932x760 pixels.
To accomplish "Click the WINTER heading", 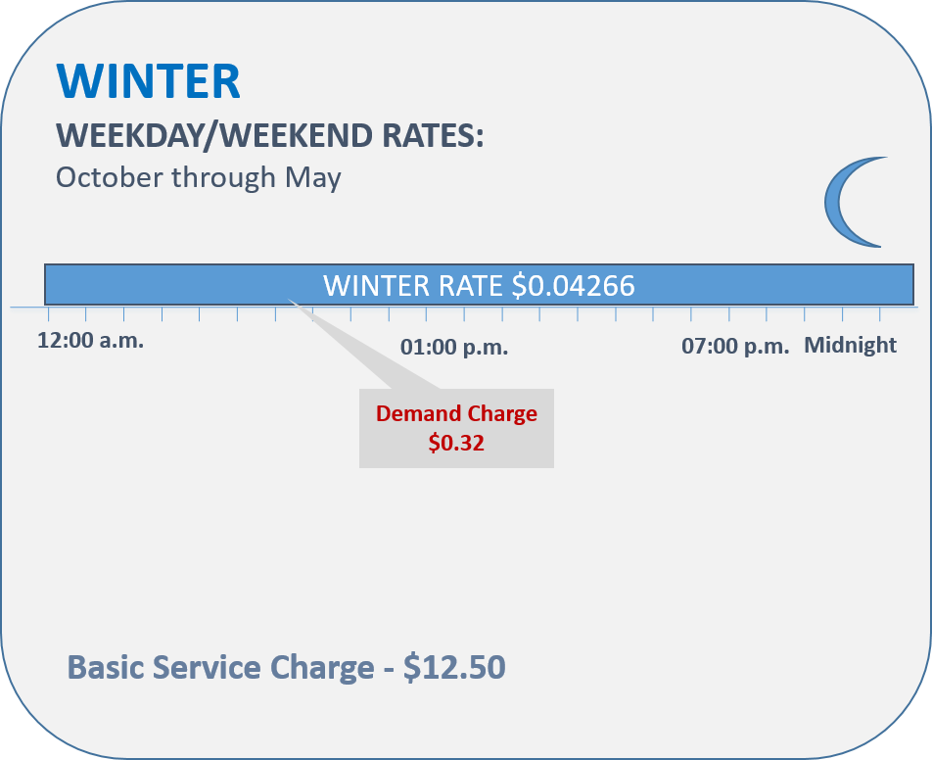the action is coord(149,81).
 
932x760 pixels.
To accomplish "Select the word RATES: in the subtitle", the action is coord(433,135).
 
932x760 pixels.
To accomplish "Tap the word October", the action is coord(110,177).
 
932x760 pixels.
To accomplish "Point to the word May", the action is coord(313,179).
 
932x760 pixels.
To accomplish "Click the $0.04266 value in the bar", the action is coord(573,285).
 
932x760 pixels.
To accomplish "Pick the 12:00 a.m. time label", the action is coord(90,341).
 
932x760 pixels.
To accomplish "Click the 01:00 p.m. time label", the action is coord(454,347).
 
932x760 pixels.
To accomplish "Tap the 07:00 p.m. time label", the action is coord(735,346).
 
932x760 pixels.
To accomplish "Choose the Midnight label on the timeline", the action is coord(850,345).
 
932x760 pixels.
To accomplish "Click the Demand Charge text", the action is coord(456,414).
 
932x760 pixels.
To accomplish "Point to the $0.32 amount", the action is coord(456,443).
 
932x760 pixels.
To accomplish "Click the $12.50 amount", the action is coord(454,667).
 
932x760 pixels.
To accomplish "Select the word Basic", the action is coord(105,667).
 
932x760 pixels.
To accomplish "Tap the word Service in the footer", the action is coord(207,667).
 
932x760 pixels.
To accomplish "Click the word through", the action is coord(224,178).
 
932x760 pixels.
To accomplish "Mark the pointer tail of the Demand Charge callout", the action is coord(290,301).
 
